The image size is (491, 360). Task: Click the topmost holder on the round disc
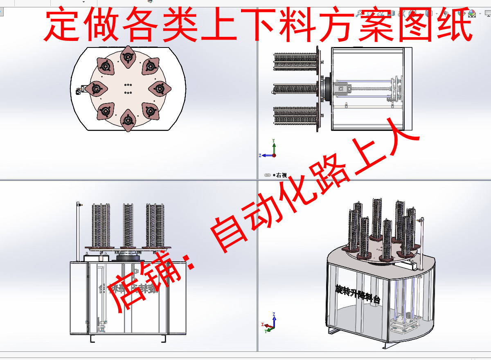coord(128,56)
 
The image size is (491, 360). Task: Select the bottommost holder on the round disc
coord(128,120)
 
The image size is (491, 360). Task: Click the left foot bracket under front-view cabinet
coord(94,339)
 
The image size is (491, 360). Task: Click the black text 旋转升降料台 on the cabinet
coord(358,295)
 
